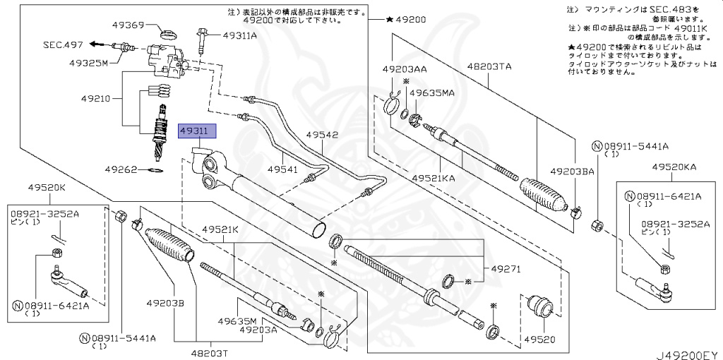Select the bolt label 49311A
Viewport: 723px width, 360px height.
coord(240,35)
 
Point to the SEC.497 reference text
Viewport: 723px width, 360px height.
coord(63,44)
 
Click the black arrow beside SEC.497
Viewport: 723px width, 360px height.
coord(96,44)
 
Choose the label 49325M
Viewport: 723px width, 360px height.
coord(88,62)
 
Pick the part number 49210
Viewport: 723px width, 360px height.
coord(95,98)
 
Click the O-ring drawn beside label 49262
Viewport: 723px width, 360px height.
coord(157,170)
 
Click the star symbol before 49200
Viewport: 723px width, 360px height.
coord(390,19)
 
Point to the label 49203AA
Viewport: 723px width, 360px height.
coord(405,69)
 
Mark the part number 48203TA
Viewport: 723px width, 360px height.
coord(489,66)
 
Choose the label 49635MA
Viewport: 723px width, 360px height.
coord(433,92)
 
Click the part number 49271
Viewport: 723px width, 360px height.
coord(506,269)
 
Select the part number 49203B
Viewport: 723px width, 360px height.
coord(166,303)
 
